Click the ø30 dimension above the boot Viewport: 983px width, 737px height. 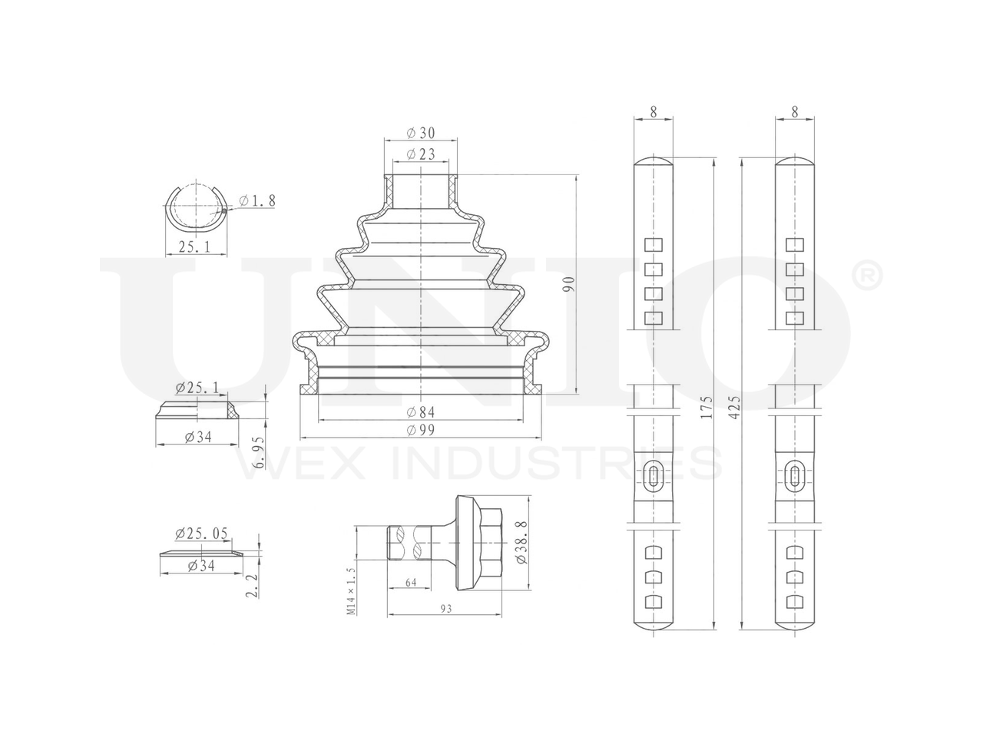tap(421, 133)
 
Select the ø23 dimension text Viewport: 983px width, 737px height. tap(421, 154)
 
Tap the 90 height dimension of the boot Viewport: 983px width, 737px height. tap(569, 285)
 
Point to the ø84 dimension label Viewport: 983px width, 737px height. tap(421, 411)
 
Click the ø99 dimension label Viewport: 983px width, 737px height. tap(421, 430)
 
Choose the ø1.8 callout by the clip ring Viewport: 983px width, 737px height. tap(257, 200)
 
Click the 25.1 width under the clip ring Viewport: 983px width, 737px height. tap(194, 246)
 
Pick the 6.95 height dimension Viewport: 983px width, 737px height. tap(258, 452)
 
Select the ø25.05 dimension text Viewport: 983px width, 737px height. tap(201, 533)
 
